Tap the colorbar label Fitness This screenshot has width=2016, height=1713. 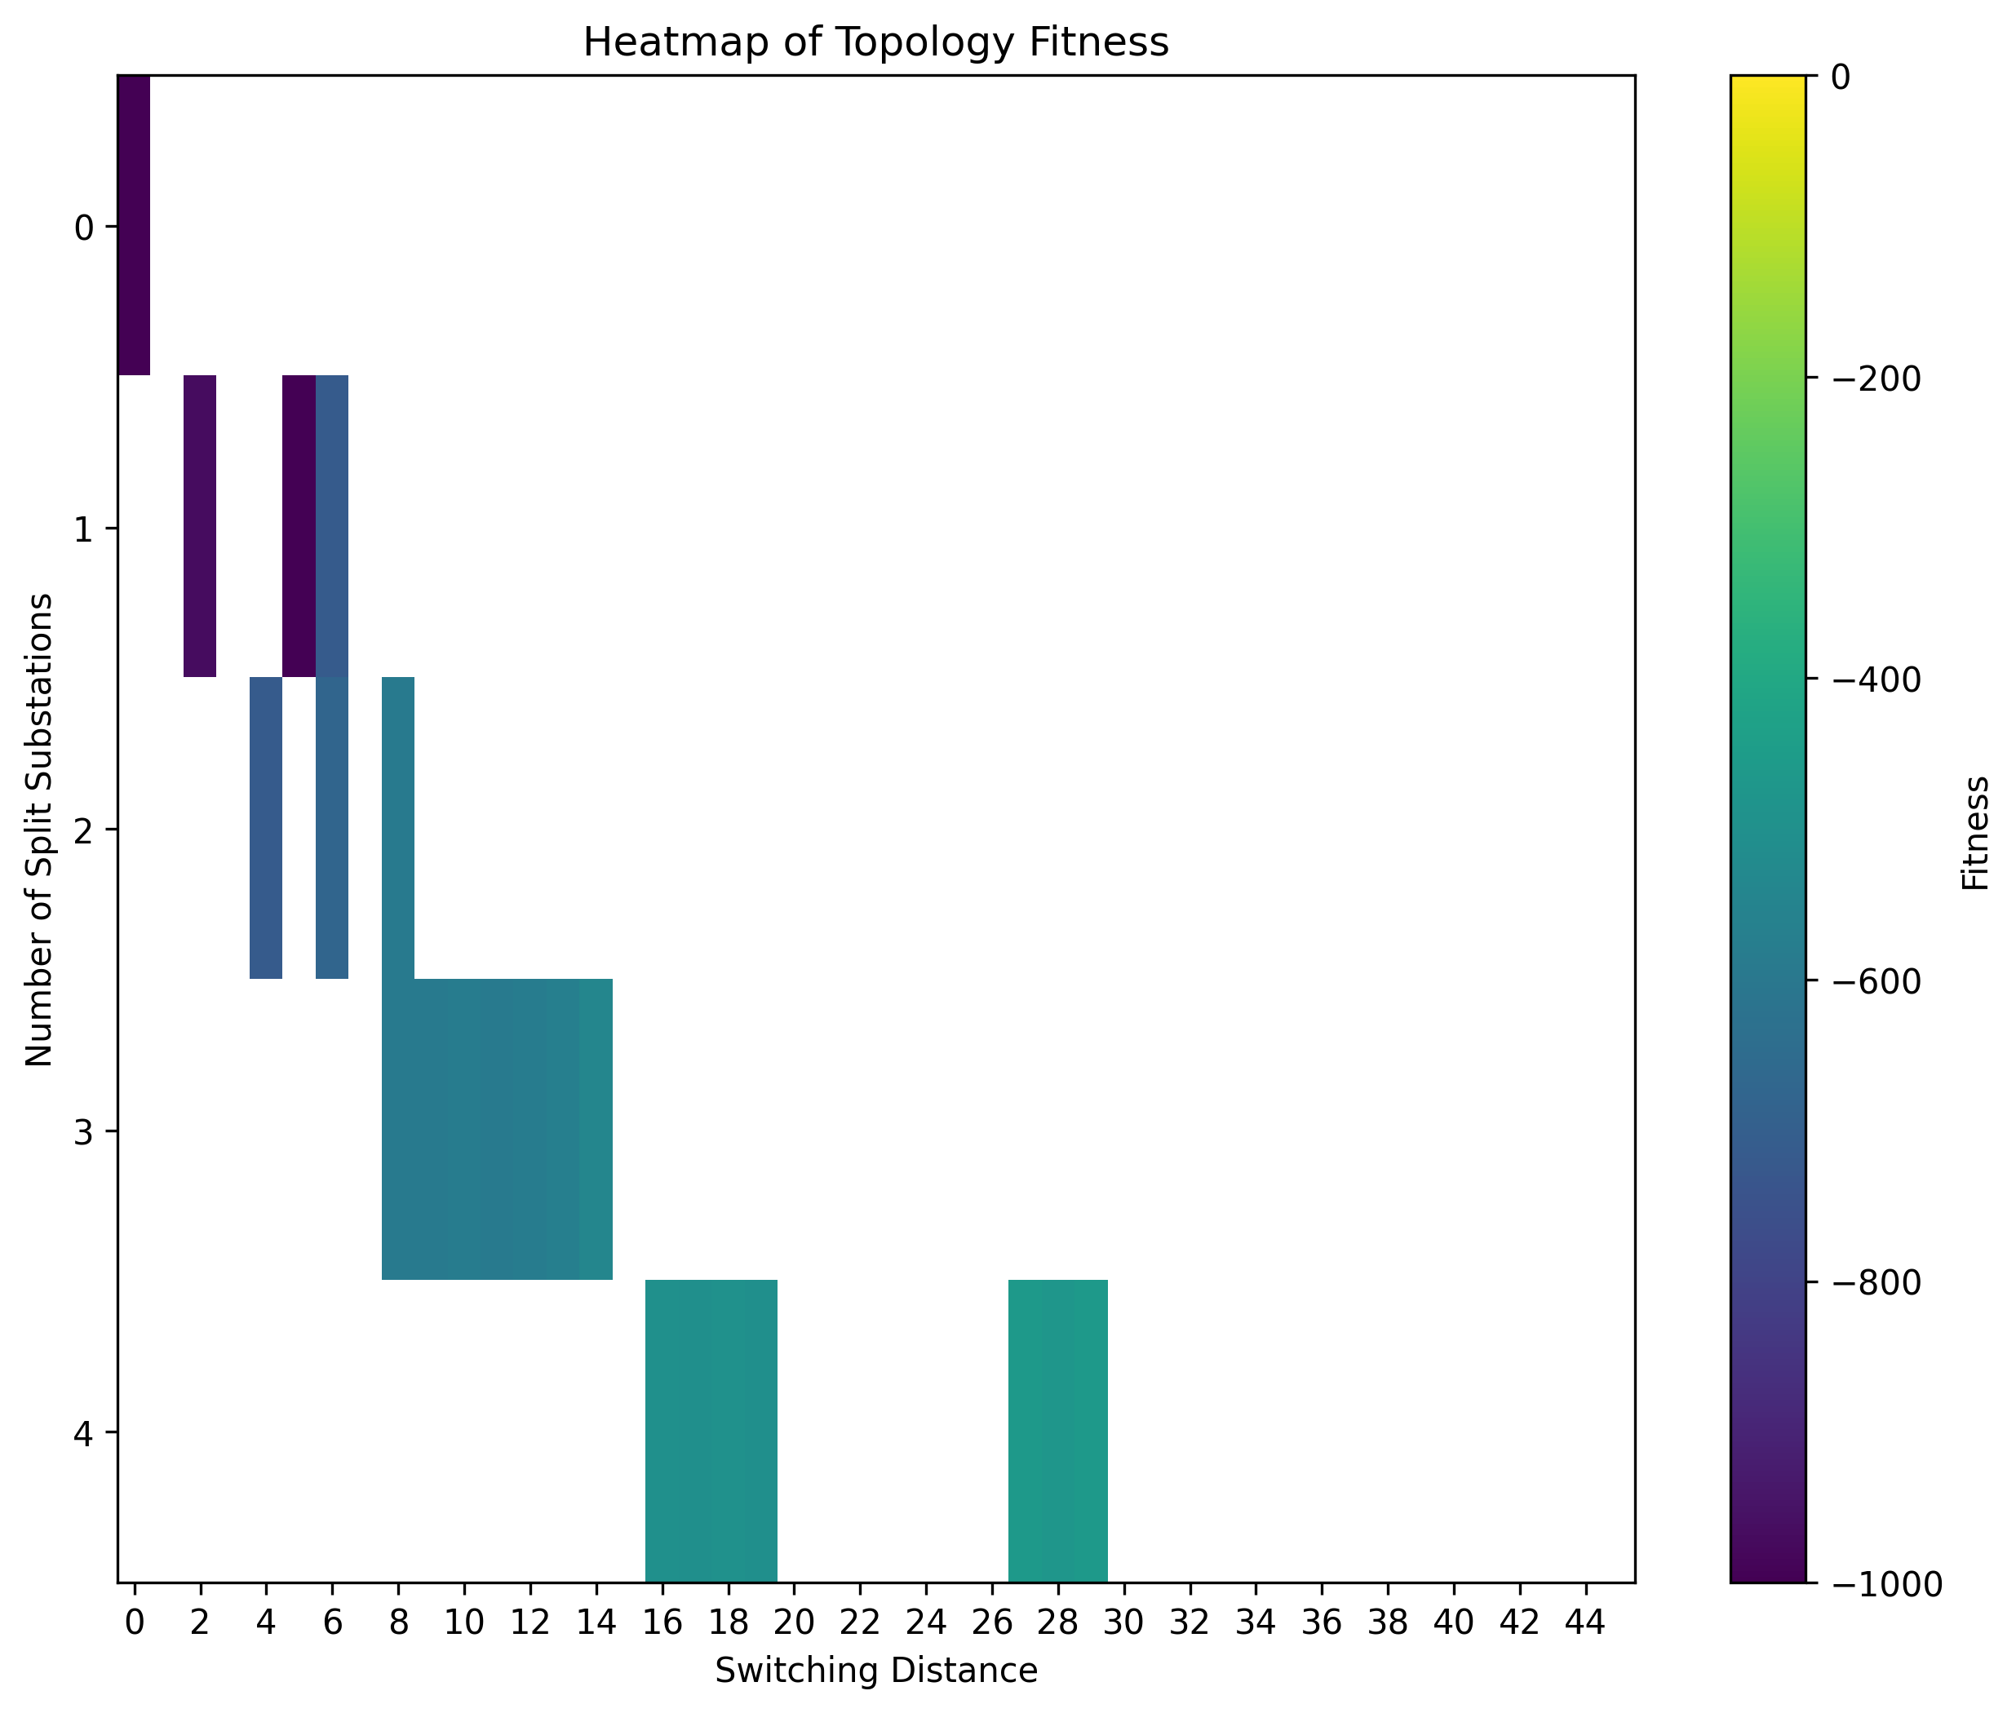click(x=1975, y=832)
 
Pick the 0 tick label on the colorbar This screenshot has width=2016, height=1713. click(x=1841, y=77)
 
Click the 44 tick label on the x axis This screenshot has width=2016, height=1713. click(x=1585, y=1622)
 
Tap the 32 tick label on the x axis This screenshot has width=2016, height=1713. click(x=1189, y=1622)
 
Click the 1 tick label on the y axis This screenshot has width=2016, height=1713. click(x=83, y=529)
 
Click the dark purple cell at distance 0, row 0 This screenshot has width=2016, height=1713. click(x=134, y=224)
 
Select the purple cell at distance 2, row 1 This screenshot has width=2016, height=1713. click(x=200, y=525)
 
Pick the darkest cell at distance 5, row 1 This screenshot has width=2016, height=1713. click(x=298, y=525)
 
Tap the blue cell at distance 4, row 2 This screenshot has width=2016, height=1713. click(x=266, y=827)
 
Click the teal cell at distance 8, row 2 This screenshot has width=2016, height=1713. click(x=398, y=827)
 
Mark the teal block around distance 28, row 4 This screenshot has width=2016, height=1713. click(x=1057, y=1429)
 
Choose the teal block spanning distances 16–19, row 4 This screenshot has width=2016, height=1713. click(x=711, y=1429)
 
